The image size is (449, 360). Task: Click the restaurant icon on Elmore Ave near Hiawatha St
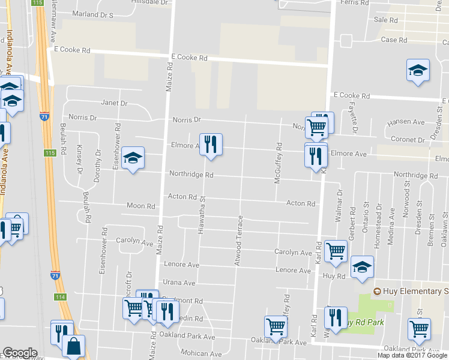[211, 145]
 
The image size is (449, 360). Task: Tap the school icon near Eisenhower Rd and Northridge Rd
[133, 158]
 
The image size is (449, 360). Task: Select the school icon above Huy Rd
[362, 268]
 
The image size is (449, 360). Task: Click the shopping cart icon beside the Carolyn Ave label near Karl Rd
[336, 251]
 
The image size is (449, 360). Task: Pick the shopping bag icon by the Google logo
[73, 346]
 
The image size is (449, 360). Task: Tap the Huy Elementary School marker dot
[377, 292]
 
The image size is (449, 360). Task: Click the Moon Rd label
[141, 206]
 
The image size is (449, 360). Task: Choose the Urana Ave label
[181, 283]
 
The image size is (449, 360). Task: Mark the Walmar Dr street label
[340, 205]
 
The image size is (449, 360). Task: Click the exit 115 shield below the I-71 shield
[50, 154]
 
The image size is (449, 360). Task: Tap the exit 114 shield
[60, 297]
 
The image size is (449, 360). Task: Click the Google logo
[20, 353]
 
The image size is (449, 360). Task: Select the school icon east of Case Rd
[418, 71]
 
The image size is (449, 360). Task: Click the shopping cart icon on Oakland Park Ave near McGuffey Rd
[276, 327]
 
